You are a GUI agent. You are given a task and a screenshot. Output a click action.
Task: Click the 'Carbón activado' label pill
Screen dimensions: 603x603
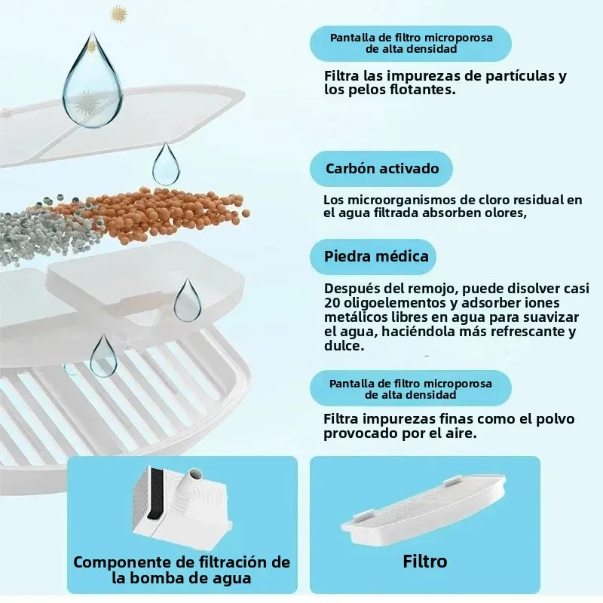tap(381, 169)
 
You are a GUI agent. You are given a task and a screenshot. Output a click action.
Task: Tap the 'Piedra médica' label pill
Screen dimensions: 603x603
tap(373, 256)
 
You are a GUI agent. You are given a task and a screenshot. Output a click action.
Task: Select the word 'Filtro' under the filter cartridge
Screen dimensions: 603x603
tap(425, 562)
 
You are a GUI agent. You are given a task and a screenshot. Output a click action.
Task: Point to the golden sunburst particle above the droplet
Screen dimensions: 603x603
tap(119, 14)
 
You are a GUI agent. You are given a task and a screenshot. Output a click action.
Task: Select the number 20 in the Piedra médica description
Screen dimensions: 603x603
tap(332, 303)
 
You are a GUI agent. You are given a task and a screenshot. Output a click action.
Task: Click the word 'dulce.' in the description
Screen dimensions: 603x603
tap(344, 346)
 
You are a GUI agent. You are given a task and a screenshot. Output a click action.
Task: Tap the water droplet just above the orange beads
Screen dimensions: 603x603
tap(166, 164)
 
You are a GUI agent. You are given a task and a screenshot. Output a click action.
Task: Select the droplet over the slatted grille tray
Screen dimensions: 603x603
tap(103, 356)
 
